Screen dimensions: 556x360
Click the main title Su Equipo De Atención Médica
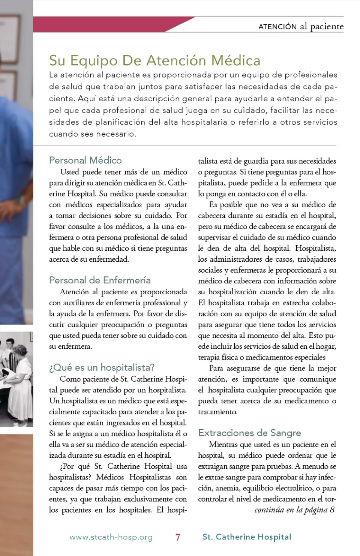154,61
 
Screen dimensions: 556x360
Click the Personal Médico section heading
85,160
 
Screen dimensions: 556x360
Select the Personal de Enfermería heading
100,280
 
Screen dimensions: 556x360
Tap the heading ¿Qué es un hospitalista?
102,367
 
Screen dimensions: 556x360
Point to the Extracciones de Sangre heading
249,433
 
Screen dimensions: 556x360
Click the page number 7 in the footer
178,537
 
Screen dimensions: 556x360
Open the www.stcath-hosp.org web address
111,537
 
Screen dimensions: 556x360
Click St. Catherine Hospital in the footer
247,537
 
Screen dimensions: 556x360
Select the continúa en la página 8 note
294,510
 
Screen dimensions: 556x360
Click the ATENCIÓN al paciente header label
301,27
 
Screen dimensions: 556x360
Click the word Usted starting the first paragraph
69,172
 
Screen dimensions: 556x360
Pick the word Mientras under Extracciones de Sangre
223,445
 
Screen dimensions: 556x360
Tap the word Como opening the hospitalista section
70,379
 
